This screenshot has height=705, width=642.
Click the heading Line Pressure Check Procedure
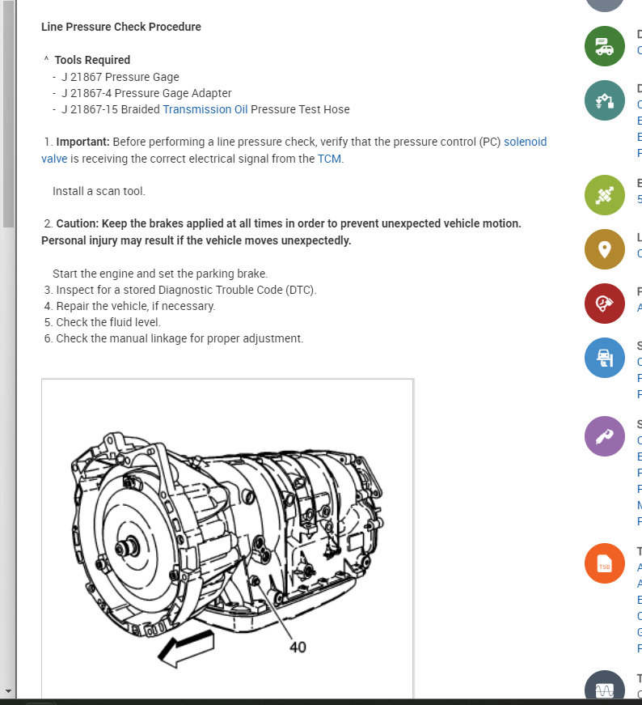(x=121, y=27)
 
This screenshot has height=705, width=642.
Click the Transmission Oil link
(x=205, y=109)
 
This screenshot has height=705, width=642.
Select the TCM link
(x=329, y=159)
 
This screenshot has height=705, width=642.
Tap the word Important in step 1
(x=82, y=142)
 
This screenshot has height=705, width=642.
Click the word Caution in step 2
(x=78, y=223)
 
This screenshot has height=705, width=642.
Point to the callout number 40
(x=298, y=647)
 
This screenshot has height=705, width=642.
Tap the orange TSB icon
(x=604, y=565)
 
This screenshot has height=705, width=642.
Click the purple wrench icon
(x=604, y=437)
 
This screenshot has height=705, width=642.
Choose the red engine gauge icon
(x=604, y=304)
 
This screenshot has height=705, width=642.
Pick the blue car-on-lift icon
(x=604, y=358)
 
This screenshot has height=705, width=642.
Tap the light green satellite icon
(x=604, y=195)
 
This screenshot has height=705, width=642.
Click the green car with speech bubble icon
(x=604, y=46)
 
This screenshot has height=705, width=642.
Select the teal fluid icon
(x=604, y=101)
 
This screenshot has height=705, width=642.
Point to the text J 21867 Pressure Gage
(x=120, y=77)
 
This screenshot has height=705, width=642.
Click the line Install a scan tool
(x=99, y=192)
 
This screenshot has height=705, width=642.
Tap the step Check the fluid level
(x=108, y=322)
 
